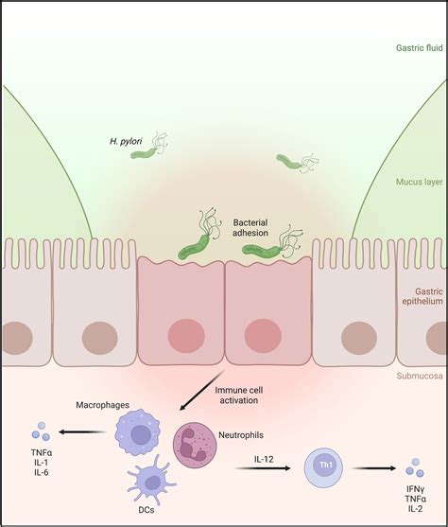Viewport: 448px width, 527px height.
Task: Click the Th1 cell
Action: click(x=324, y=466)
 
